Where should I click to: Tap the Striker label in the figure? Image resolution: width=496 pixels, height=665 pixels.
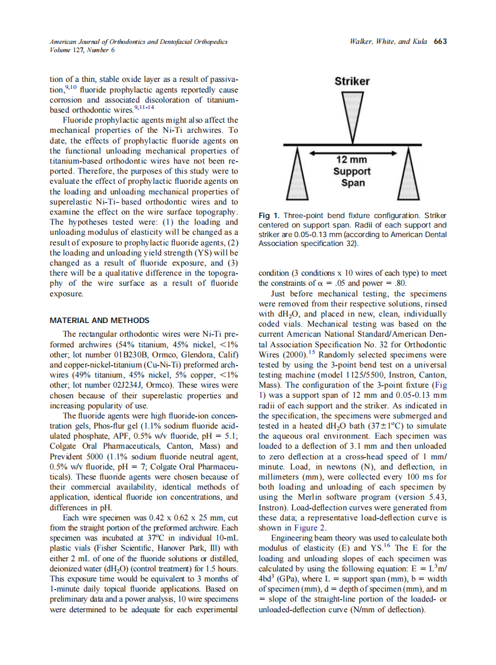pos(352,81)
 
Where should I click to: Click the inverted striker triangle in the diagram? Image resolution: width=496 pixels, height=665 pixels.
pos(352,115)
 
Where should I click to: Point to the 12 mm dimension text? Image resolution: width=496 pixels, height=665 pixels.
pos(352,160)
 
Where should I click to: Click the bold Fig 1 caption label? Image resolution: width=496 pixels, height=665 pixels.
pos(270,216)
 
